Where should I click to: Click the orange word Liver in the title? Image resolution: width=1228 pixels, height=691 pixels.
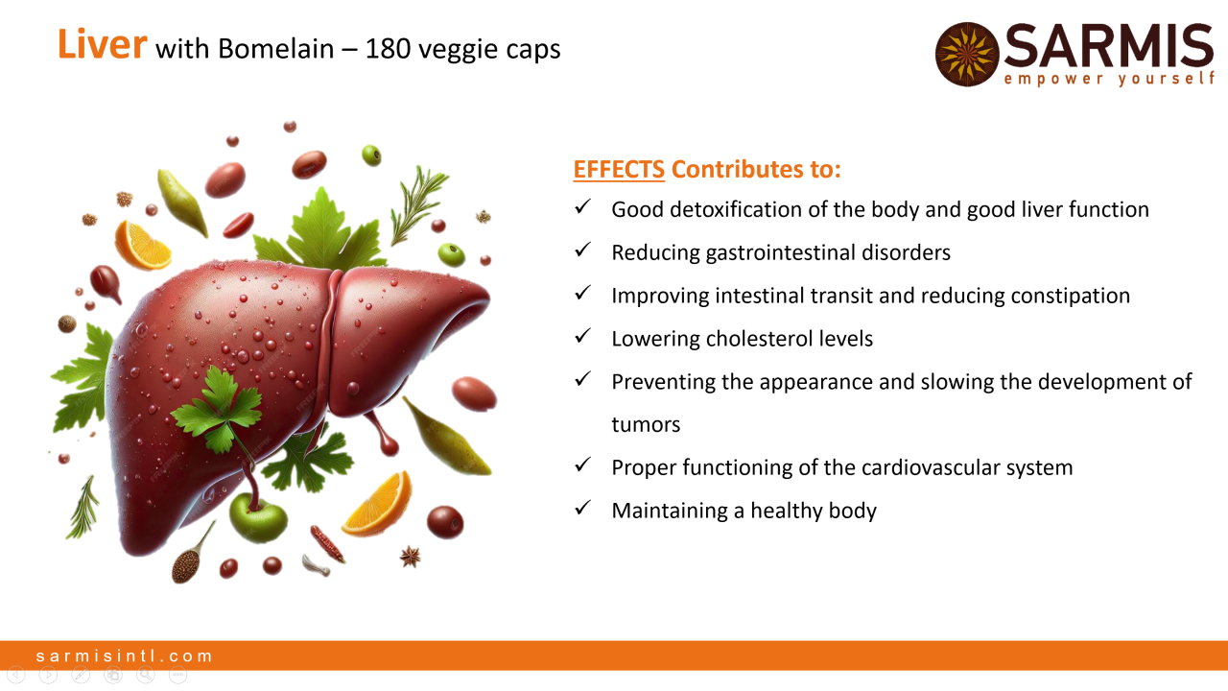click(x=103, y=44)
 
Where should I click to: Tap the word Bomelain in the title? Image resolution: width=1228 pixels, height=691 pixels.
click(x=275, y=49)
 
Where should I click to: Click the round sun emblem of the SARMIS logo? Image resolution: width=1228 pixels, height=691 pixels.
click(x=967, y=55)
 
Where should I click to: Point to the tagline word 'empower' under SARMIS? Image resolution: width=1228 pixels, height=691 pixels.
click(x=1053, y=79)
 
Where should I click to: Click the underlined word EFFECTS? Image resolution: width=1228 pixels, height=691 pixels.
click(x=619, y=169)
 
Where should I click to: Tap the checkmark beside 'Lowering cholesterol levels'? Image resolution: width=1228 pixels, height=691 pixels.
click(x=582, y=336)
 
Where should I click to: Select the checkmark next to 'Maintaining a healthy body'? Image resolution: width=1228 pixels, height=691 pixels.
click(x=582, y=508)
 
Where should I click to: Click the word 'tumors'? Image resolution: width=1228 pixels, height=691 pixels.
click(x=646, y=425)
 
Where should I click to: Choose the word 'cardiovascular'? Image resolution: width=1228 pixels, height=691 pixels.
click(x=931, y=467)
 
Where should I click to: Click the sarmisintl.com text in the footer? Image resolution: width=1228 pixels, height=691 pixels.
click(x=124, y=655)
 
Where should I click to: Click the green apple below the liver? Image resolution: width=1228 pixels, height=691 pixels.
click(x=258, y=516)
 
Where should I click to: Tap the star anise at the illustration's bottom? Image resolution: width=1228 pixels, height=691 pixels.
click(x=410, y=557)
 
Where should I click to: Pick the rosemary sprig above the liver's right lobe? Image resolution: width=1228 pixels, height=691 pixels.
click(x=417, y=205)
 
